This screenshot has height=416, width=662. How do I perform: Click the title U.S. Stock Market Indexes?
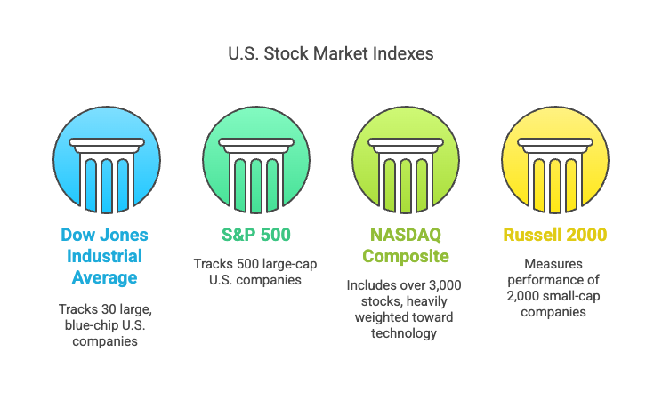pyautogui.click(x=331, y=53)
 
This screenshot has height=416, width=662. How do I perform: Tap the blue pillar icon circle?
pyautogui.click(x=107, y=160)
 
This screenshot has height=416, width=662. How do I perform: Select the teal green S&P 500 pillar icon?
pyautogui.click(x=256, y=160)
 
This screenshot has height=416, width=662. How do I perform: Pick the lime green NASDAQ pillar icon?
pyautogui.click(x=406, y=160)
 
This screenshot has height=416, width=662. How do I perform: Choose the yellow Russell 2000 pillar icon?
pyautogui.click(x=555, y=160)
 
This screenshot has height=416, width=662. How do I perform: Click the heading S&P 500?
pyautogui.click(x=256, y=235)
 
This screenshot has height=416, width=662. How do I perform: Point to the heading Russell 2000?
pyautogui.click(x=555, y=235)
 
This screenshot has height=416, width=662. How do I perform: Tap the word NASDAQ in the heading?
pyautogui.click(x=406, y=235)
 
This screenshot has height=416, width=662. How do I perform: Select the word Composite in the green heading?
pyautogui.click(x=406, y=256)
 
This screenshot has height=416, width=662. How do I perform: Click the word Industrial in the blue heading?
pyautogui.click(x=104, y=256)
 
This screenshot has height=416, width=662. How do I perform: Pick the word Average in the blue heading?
pyautogui.click(x=104, y=277)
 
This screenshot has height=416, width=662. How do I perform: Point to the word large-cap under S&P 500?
pyautogui.click(x=287, y=264)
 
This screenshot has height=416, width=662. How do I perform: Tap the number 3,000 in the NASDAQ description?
pyautogui.click(x=445, y=285)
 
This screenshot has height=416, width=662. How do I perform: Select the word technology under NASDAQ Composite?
pyautogui.click(x=404, y=333)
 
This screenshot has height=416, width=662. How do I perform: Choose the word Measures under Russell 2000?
pyautogui.click(x=553, y=264)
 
